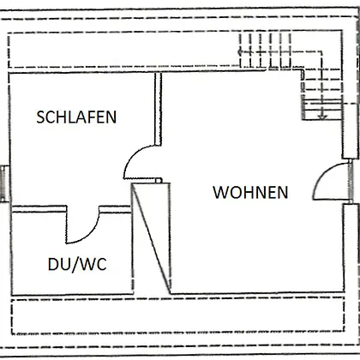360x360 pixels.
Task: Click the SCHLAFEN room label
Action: pos(76,117)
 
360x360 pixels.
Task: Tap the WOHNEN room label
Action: pos(250,192)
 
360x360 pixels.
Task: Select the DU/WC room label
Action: pos(77,264)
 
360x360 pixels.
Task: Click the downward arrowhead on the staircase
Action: pos(322,117)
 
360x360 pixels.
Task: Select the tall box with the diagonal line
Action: pos(151,238)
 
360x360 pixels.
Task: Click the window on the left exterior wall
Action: pos(3,183)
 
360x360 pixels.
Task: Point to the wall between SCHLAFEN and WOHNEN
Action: pos(158,109)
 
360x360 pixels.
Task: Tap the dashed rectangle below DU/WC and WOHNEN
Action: pos(177,315)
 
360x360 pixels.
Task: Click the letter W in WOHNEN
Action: pos(220,192)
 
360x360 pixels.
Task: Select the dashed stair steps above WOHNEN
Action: pos(265,51)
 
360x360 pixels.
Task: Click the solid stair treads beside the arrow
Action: pos(322,109)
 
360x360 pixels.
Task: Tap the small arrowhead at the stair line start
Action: pos(240,52)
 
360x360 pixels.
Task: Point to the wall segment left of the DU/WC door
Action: pos(39,209)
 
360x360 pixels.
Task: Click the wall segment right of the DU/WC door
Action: pos(115,209)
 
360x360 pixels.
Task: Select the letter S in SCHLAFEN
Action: pos(41,117)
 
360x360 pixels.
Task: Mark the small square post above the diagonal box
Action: pos(159,180)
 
